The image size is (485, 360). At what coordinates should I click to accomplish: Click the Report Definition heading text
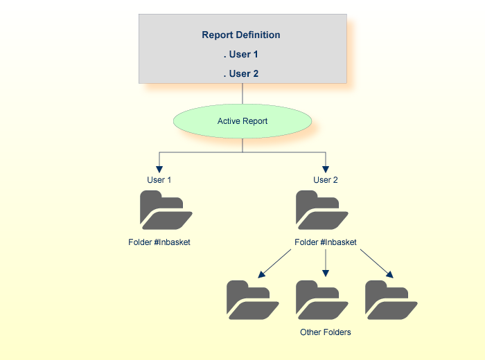(241, 35)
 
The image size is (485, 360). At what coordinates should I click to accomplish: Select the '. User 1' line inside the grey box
(241, 54)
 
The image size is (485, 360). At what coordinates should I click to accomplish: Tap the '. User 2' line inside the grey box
(241, 73)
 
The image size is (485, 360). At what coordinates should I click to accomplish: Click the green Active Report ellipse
(242, 121)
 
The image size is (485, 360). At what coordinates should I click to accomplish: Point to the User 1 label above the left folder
(159, 180)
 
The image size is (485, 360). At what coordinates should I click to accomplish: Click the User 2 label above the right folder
(326, 180)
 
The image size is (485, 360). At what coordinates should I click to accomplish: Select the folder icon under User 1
(166, 210)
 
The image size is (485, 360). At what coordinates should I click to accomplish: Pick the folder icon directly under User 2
(321, 210)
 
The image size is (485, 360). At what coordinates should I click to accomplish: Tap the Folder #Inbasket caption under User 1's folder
(159, 242)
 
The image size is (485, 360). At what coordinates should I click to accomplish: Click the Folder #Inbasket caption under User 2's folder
(326, 242)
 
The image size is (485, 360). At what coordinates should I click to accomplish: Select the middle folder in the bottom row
(321, 300)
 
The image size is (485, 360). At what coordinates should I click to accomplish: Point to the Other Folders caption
(326, 332)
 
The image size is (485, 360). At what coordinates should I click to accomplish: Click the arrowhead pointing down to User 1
(159, 168)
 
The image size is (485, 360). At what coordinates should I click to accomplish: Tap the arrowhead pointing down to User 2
(326, 168)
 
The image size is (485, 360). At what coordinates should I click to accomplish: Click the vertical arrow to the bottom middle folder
(326, 263)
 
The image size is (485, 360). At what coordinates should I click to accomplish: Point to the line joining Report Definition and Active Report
(242, 93)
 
